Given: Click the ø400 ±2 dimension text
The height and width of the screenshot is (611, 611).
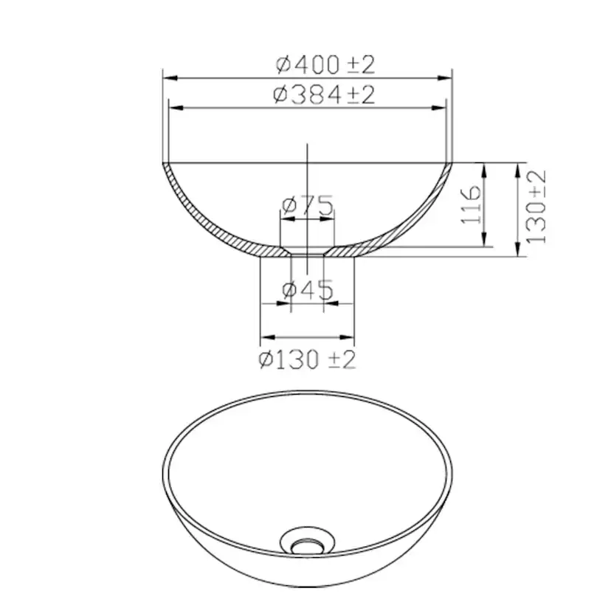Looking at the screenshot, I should [x=326, y=64].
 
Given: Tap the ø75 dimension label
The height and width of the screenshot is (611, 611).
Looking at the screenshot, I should [x=307, y=204].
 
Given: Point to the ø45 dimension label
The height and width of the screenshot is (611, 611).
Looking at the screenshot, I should [x=307, y=289].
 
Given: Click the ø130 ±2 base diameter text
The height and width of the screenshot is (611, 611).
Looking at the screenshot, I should [x=307, y=359].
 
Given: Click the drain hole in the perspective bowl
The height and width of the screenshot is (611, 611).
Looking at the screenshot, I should [x=304, y=546].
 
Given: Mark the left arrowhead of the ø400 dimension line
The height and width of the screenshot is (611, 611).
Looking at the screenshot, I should [x=168, y=77].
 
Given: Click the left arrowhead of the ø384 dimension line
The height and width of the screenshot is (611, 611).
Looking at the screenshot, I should [x=174, y=108].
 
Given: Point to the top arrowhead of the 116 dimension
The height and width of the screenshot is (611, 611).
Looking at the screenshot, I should [x=484, y=168].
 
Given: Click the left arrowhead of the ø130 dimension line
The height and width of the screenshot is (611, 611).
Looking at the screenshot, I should [x=265, y=339].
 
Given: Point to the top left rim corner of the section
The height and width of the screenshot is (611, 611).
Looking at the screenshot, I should [x=164, y=163].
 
